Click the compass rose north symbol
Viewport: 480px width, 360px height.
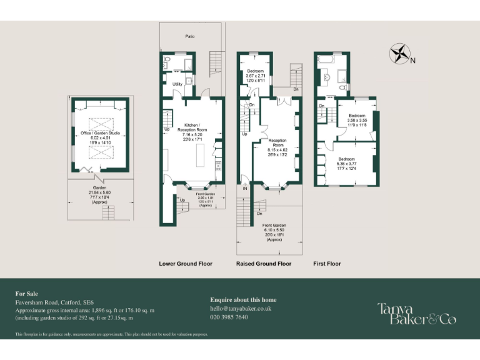coord(401,54)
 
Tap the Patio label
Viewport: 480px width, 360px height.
coord(189,37)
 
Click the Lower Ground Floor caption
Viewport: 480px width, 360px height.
coord(186,264)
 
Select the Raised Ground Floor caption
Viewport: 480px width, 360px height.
coord(264,264)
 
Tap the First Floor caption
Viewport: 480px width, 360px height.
coord(327,264)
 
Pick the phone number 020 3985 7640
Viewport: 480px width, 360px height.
coord(229,317)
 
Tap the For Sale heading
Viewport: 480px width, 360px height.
coord(26,293)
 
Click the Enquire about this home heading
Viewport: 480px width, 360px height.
coord(243,300)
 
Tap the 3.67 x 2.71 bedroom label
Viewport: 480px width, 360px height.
coord(256,76)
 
